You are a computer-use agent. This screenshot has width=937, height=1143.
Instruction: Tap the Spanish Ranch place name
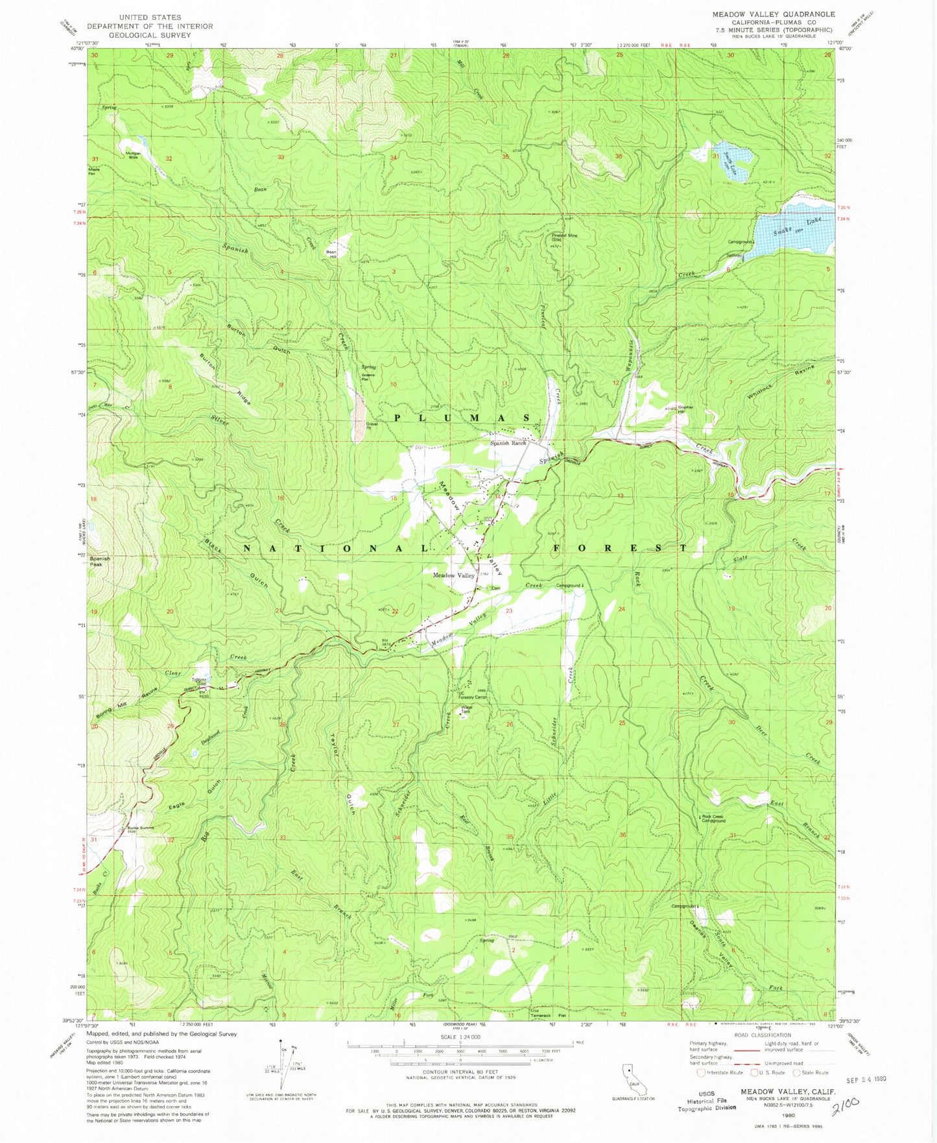click(508, 443)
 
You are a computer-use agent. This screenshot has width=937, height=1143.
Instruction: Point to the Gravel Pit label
click(372, 426)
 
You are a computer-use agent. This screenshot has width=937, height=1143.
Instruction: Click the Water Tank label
click(465, 711)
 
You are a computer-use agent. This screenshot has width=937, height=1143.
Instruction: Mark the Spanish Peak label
click(100, 560)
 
